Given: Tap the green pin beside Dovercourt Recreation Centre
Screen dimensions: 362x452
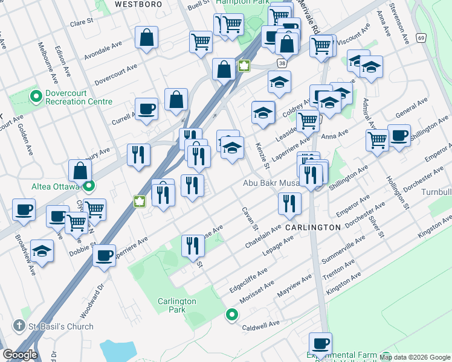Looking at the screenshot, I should (x=36, y=96).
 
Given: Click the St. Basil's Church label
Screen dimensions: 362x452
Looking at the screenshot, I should (x=61, y=326).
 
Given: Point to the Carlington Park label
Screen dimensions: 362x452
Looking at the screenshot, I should (x=176, y=305).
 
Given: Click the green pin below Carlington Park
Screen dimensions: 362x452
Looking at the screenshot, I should (x=231, y=314).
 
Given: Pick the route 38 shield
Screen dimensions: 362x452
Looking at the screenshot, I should (x=282, y=63).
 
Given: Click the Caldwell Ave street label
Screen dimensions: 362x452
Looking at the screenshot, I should (x=260, y=324).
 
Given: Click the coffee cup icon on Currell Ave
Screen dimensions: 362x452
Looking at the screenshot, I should (x=146, y=109).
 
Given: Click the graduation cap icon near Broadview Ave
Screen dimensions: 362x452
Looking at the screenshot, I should (x=42, y=250).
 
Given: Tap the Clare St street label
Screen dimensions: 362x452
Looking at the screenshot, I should (x=81, y=21).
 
